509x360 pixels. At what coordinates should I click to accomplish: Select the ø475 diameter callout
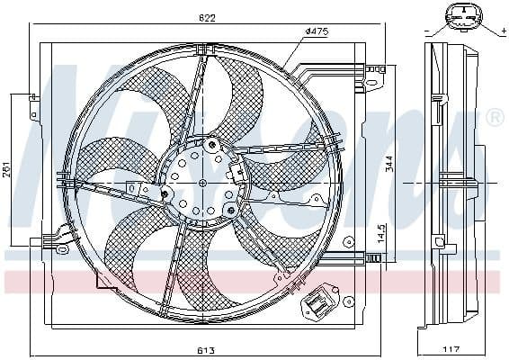[316, 31]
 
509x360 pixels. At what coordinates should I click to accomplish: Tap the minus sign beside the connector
[424, 30]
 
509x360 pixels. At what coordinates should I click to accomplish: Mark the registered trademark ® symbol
[495, 118]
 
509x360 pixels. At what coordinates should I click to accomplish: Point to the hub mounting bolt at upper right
[211, 144]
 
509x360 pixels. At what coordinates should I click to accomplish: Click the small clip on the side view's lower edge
[438, 240]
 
